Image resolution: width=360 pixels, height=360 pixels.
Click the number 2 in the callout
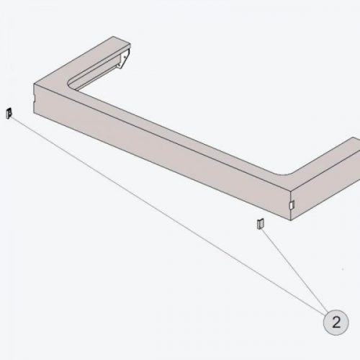(336, 322)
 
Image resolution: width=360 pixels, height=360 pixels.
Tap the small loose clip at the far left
(9, 113)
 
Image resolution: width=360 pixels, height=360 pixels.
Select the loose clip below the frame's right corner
(261, 224)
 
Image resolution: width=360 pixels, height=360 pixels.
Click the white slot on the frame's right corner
(292, 204)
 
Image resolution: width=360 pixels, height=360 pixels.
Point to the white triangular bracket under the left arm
(123, 60)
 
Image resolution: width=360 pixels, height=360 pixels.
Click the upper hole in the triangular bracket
(125, 57)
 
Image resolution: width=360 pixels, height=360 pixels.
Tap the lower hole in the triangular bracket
(119, 65)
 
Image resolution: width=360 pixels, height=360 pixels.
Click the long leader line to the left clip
(167, 215)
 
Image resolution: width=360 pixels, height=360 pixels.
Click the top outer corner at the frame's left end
(35, 84)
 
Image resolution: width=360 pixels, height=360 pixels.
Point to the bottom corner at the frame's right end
(291, 220)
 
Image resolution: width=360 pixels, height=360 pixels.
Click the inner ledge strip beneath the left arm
(96, 72)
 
